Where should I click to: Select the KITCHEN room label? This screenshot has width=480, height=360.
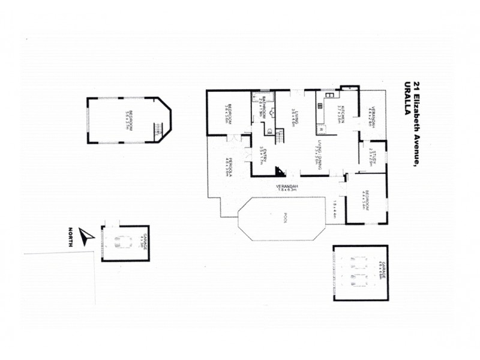click(x=340, y=112)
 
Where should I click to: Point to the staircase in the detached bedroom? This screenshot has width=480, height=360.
click(x=159, y=130)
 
